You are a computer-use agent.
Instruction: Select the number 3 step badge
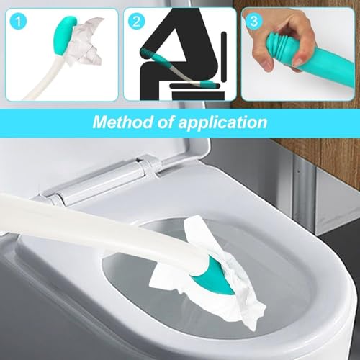253,22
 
